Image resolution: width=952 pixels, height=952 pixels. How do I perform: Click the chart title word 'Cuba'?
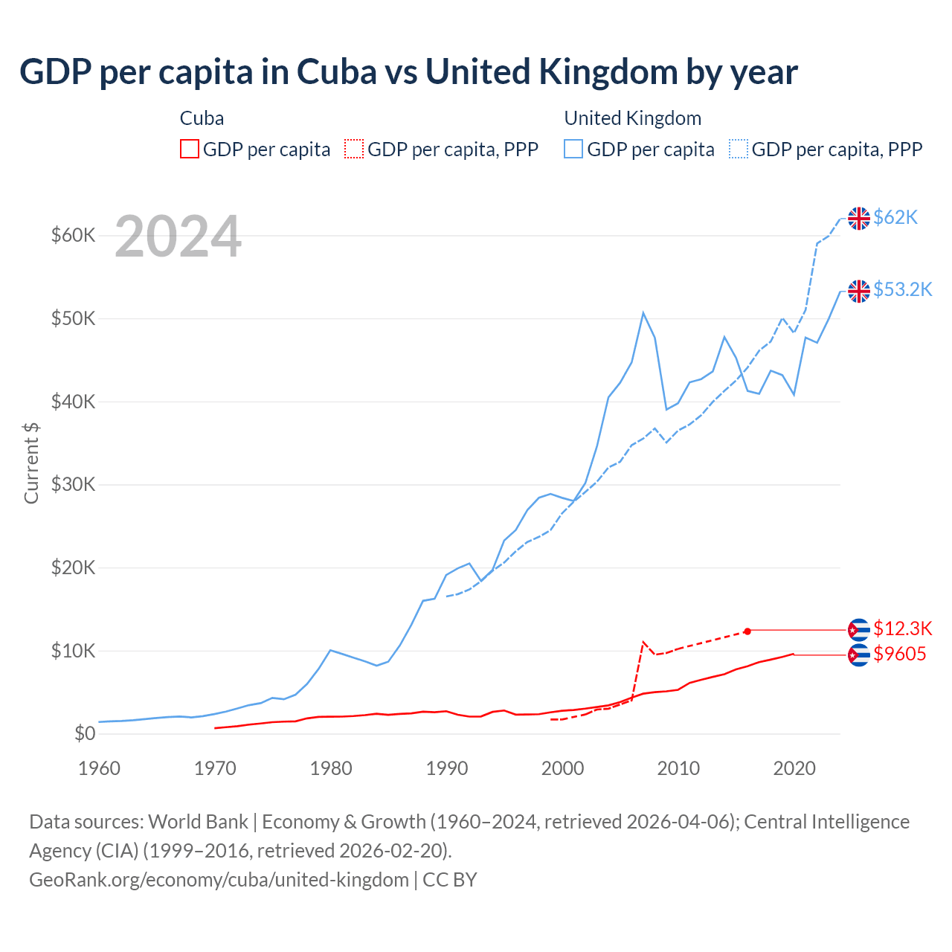(x=336, y=72)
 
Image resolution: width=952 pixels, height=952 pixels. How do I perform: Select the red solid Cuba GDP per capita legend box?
(x=190, y=149)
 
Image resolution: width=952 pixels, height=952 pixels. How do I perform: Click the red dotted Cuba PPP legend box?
(x=354, y=149)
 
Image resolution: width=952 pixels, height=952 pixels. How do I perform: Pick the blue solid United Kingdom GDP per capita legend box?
(x=573, y=149)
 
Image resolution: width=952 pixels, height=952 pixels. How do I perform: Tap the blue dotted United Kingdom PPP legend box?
(x=739, y=149)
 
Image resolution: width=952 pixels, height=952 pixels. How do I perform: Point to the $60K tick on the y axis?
(x=73, y=236)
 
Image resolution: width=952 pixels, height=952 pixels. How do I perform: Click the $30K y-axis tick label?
(x=73, y=485)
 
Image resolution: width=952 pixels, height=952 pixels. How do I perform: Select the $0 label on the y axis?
(x=85, y=734)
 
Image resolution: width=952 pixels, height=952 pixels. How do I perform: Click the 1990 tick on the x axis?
(x=446, y=768)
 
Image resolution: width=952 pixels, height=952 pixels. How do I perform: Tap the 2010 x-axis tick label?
(x=678, y=768)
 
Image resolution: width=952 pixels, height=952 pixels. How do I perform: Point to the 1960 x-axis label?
(x=99, y=768)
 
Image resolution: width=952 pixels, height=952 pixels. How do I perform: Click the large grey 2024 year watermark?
(x=178, y=237)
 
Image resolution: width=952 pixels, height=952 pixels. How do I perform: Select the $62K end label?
(x=895, y=217)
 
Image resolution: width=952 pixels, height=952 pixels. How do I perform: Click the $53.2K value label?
(x=902, y=289)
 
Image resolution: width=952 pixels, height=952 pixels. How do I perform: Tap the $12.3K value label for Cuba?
(x=902, y=628)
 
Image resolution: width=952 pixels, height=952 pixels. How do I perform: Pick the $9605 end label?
(x=900, y=654)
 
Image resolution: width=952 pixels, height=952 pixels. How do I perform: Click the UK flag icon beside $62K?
(x=859, y=219)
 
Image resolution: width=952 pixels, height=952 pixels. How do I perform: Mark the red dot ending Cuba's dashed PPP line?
(x=747, y=631)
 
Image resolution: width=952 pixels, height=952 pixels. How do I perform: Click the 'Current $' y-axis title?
(x=31, y=463)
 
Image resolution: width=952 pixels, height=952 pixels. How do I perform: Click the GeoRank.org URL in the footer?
(x=219, y=880)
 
